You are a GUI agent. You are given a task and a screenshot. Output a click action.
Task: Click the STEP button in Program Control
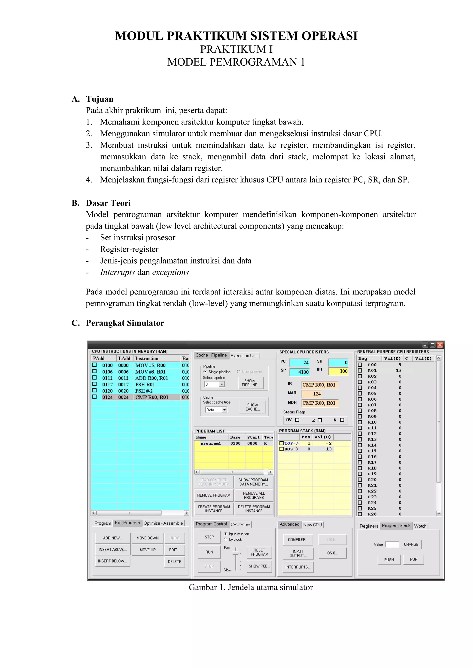coord(209,537)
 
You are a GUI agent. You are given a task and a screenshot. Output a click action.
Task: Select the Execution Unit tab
coord(244,356)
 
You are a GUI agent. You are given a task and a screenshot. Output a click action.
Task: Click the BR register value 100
coord(338,371)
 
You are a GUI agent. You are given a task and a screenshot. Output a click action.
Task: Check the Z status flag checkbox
coord(320,420)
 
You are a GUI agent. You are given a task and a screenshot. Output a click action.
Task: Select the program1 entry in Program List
coord(211,444)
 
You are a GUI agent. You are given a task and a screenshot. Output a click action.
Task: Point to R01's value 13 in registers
coord(398,371)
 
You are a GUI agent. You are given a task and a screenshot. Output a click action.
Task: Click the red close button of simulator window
coord(440,345)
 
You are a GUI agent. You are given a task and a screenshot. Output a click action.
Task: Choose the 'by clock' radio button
coord(226,539)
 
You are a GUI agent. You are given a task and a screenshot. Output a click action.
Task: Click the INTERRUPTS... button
coord(298,567)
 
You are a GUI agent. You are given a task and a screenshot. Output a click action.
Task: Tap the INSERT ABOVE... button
coord(112,550)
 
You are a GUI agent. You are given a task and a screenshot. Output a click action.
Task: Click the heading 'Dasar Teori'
coord(108,203)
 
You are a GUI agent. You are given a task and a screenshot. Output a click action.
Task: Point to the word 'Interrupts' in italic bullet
coord(117,272)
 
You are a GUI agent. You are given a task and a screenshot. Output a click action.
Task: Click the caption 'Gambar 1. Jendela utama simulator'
coord(251,587)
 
